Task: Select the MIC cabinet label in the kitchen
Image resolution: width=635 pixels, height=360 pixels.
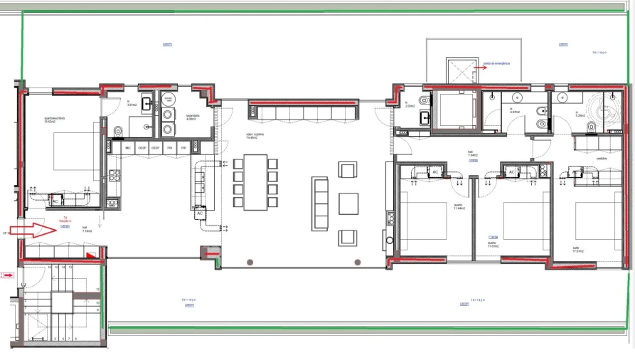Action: (129, 147)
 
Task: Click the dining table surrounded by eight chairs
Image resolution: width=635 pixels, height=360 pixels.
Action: (255, 182)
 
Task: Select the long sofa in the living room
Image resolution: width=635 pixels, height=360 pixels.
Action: (319, 203)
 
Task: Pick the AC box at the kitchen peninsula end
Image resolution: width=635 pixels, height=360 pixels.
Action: (200, 213)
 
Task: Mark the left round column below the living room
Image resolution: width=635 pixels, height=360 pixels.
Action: (250, 263)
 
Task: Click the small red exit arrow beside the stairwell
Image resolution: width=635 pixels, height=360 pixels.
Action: (8, 274)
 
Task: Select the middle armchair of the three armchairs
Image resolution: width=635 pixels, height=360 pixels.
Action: (348, 203)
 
